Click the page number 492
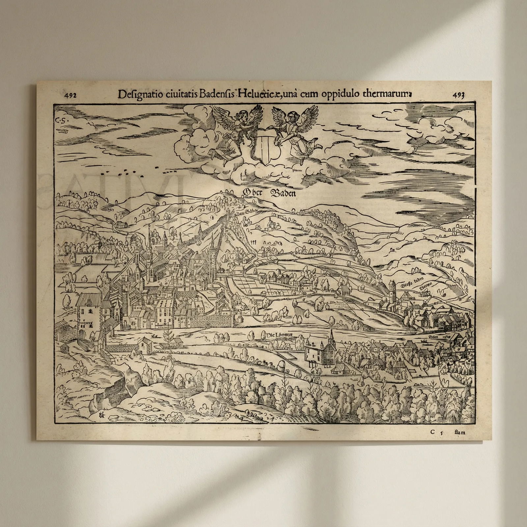70,96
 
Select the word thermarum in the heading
387,95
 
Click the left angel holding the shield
239,128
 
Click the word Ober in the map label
252,193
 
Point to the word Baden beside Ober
283,193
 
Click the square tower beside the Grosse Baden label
392,291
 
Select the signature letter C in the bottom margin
432,432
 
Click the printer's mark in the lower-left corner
101,415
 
